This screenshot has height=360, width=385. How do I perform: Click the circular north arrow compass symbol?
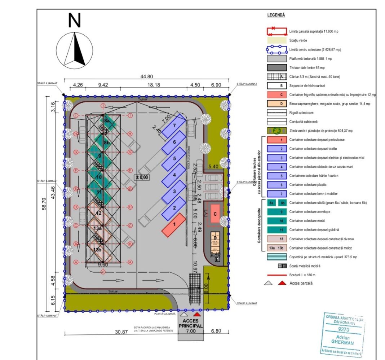(75, 50)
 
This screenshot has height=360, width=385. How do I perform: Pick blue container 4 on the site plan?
(174, 175)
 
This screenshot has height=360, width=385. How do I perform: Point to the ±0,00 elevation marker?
(141, 177)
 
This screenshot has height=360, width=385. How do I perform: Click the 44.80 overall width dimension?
(146, 76)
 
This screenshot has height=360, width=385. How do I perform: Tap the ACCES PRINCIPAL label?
(190, 323)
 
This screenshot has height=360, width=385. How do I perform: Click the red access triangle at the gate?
(196, 314)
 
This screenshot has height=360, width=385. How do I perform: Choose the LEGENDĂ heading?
(276, 15)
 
